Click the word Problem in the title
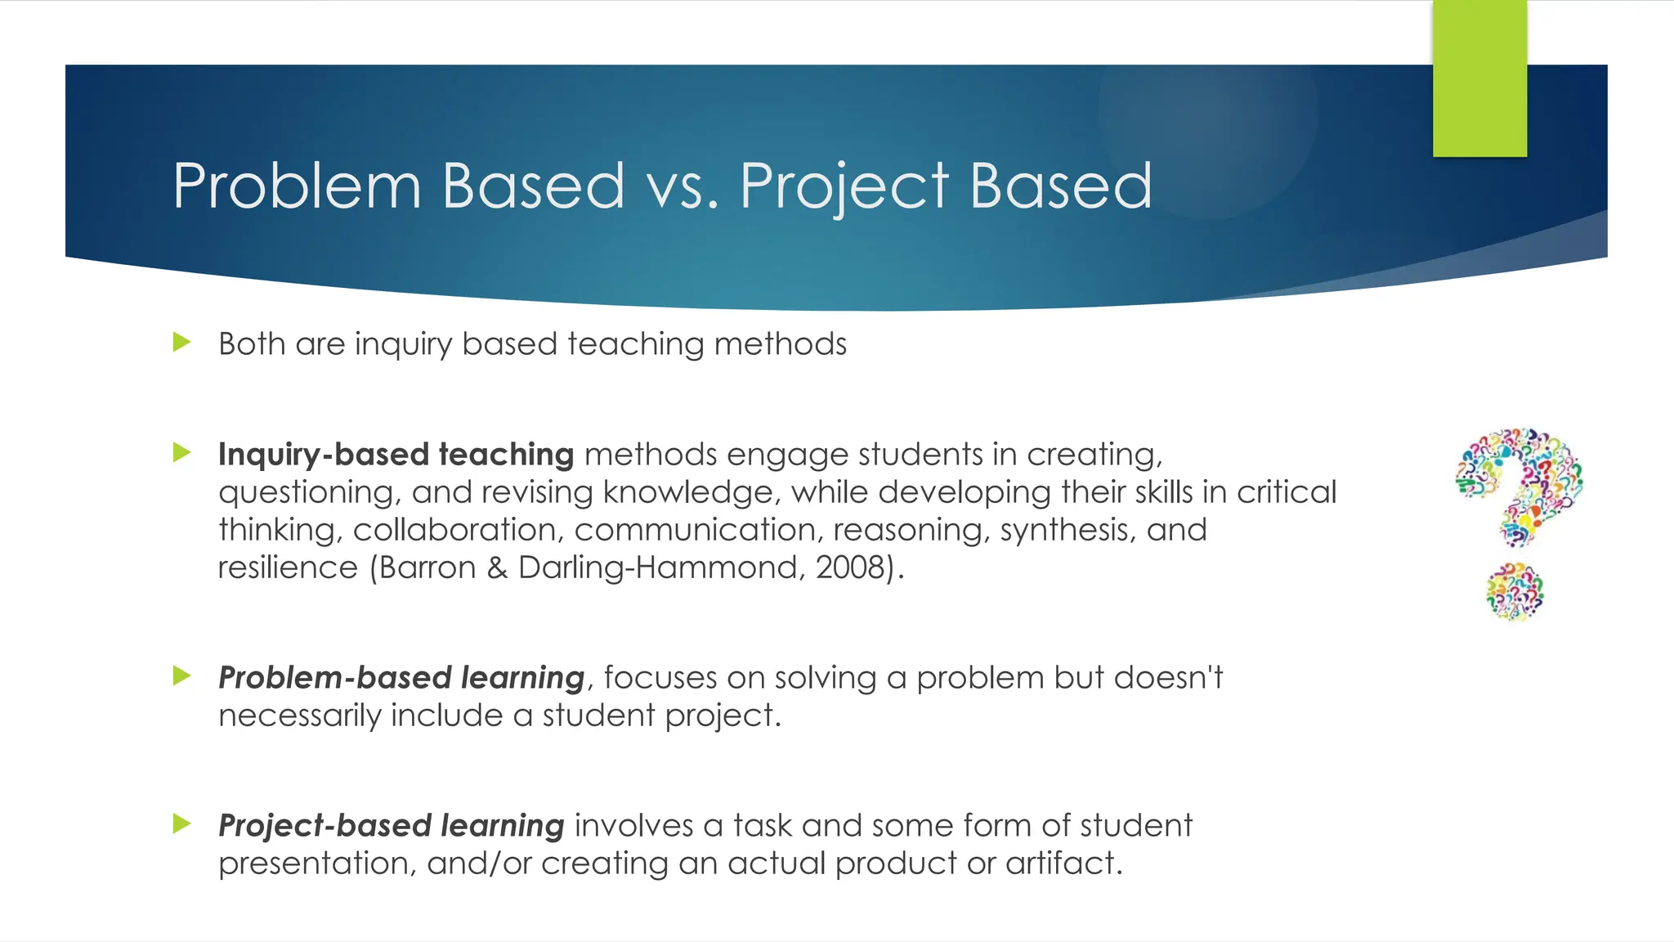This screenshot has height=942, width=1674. pyautogui.click(x=297, y=186)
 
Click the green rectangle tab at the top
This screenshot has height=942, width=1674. pyautogui.click(x=1479, y=78)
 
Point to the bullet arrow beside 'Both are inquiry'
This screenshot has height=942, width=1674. pyautogui.click(x=181, y=342)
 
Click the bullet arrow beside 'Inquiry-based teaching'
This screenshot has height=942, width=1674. pyautogui.click(x=181, y=452)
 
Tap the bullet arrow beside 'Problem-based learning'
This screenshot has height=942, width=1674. pyautogui.click(x=181, y=675)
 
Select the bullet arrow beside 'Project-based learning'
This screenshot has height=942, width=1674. pyautogui.click(x=181, y=823)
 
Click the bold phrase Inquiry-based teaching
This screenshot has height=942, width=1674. pyautogui.click(x=396, y=455)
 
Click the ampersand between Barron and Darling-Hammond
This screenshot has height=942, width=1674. pyautogui.click(x=497, y=567)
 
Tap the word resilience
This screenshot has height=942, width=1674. pyautogui.click(x=288, y=567)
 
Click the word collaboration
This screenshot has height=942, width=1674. pyautogui.click(x=458, y=530)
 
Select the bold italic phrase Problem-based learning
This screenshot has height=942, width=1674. pyautogui.click(x=401, y=678)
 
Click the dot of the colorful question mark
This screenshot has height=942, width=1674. pyautogui.click(x=1515, y=592)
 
